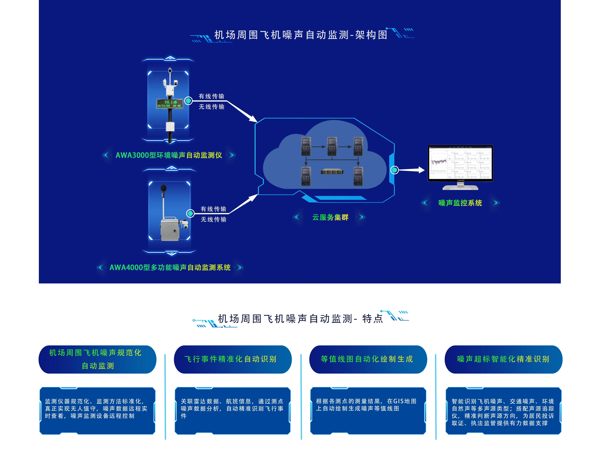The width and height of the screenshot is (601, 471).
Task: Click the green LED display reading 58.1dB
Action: tap(169, 104)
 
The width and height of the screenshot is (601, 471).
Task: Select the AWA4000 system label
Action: tap(170, 268)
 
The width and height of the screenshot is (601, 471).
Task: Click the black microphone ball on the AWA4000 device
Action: tap(163, 188)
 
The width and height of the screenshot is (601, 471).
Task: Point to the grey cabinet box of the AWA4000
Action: tap(170, 229)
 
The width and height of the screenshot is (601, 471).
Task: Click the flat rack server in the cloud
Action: tap(332, 172)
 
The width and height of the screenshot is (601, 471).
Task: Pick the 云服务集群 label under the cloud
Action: tap(330, 217)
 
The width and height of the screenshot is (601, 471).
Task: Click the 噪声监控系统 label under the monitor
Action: tap(460, 203)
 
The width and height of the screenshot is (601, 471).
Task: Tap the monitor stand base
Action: tap(460, 188)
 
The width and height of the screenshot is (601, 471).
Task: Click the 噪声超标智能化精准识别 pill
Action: tap(503, 359)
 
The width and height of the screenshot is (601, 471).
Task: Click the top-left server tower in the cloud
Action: tap(306, 146)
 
